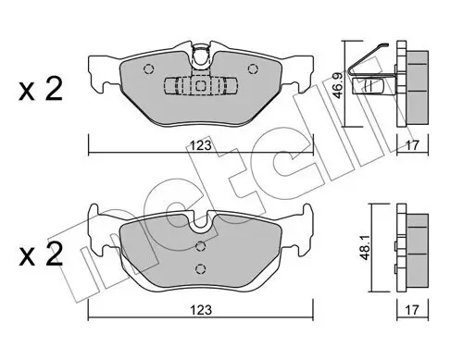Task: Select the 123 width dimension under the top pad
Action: point(201,145)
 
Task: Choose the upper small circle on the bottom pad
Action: point(201,246)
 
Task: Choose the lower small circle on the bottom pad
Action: point(201,268)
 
